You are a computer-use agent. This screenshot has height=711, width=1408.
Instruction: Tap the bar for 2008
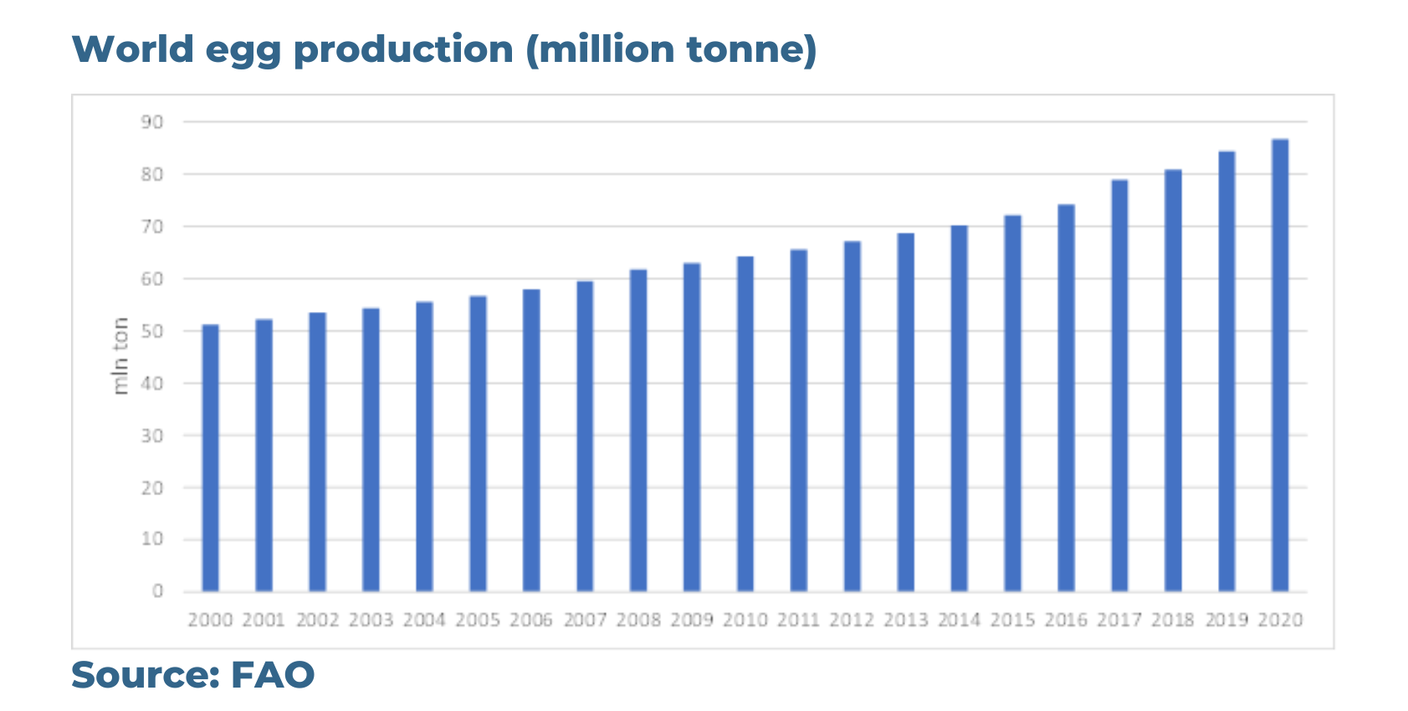point(638,431)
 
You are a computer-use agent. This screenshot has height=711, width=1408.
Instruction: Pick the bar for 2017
point(1119,386)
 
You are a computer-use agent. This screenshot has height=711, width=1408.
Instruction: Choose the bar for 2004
point(424,447)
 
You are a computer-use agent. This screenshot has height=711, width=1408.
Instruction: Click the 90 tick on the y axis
point(152,122)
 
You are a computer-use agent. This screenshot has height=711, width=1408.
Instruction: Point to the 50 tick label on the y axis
point(152,331)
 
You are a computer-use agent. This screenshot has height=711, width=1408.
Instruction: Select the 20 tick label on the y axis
point(152,488)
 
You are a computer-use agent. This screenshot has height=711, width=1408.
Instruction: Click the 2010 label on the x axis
point(745,620)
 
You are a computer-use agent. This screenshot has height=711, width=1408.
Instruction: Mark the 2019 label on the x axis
point(1226,620)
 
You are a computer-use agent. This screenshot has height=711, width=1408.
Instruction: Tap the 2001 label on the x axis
point(264,620)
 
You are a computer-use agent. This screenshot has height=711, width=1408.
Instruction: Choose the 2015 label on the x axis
point(1012,620)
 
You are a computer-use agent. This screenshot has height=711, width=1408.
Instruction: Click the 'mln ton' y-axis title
point(120,356)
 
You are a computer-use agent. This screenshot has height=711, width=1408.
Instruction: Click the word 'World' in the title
point(133,49)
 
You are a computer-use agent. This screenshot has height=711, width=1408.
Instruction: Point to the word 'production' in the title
point(403,49)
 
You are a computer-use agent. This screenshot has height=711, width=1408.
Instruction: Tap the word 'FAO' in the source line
point(273,675)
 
